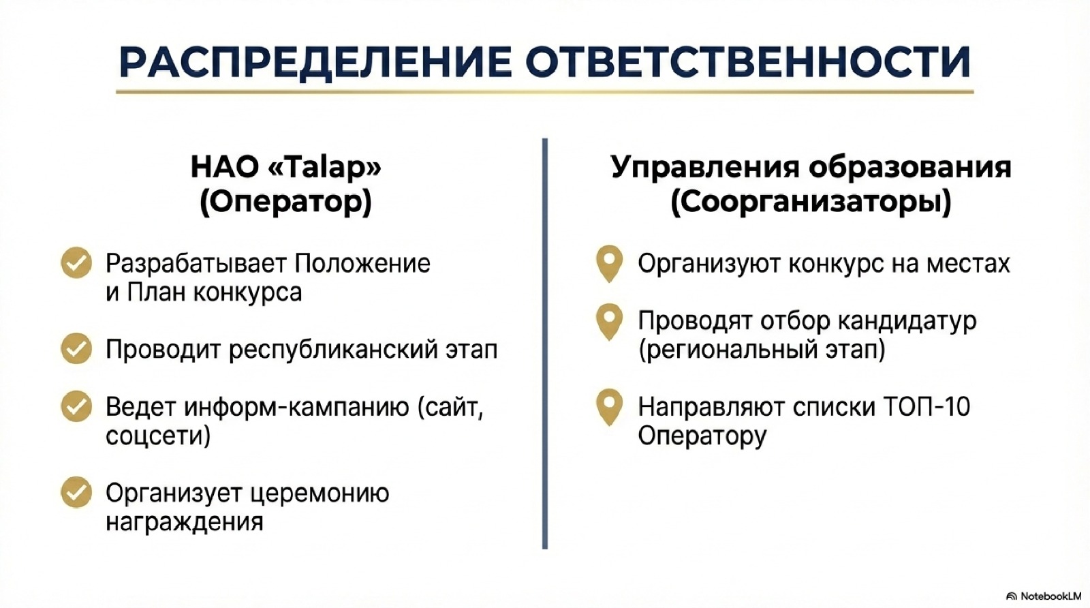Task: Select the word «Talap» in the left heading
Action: click(325, 168)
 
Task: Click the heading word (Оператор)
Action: click(285, 202)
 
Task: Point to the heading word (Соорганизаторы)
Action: click(811, 202)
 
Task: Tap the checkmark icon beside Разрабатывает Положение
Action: click(76, 263)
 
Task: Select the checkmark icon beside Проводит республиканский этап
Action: click(76, 348)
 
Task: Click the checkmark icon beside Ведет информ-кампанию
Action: click(76, 406)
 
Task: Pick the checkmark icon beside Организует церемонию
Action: click(76, 492)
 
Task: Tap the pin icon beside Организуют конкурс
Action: click(609, 263)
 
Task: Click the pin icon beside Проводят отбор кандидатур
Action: click(609, 322)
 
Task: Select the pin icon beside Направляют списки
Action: click(609, 407)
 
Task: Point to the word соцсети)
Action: click(158, 435)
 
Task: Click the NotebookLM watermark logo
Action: click(1043, 596)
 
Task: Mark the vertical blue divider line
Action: click(544, 344)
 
